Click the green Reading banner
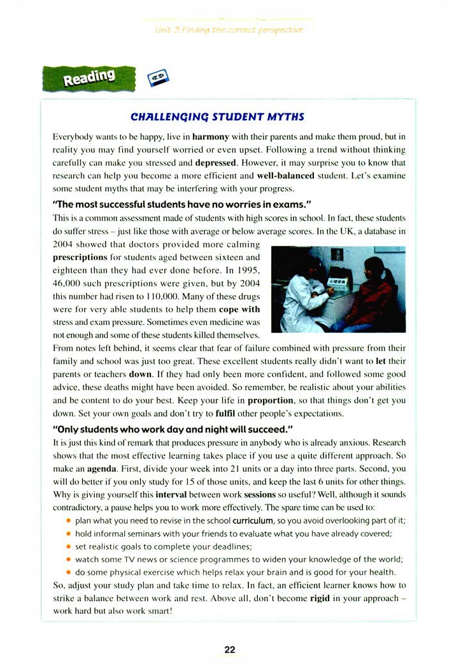89,78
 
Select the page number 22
230,649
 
